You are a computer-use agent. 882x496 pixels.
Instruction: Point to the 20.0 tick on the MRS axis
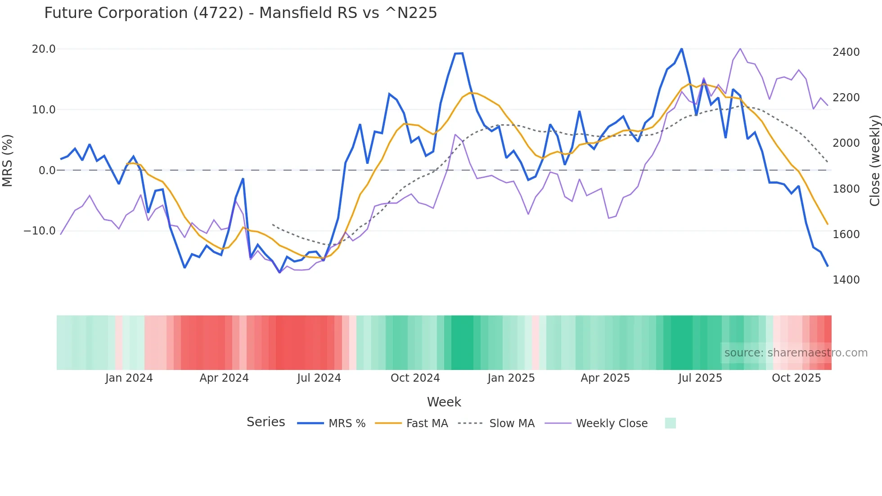click(44, 49)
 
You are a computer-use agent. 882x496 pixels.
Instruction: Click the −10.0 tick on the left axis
click(40, 231)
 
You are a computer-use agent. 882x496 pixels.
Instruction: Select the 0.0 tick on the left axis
click(47, 171)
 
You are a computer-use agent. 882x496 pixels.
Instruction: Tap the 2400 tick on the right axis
click(846, 52)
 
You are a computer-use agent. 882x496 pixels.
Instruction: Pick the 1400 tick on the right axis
click(846, 280)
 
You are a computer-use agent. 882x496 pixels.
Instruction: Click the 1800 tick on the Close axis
click(846, 189)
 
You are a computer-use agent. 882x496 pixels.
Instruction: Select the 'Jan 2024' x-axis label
click(129, 378)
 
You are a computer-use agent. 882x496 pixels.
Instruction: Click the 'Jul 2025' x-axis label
click(700, 378)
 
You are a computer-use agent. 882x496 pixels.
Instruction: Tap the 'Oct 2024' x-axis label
click(415, 378)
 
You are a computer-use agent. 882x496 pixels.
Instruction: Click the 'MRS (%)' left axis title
click(8, 161)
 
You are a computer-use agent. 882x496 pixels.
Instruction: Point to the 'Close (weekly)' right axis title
click(874, 161)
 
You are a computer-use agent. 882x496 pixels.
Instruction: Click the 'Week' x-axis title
click(444, 402)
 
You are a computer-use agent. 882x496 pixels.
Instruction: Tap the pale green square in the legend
click(670, 423)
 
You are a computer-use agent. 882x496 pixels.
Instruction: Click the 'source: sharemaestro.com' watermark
click(796, 353)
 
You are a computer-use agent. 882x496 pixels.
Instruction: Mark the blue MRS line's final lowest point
click(828, 266)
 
